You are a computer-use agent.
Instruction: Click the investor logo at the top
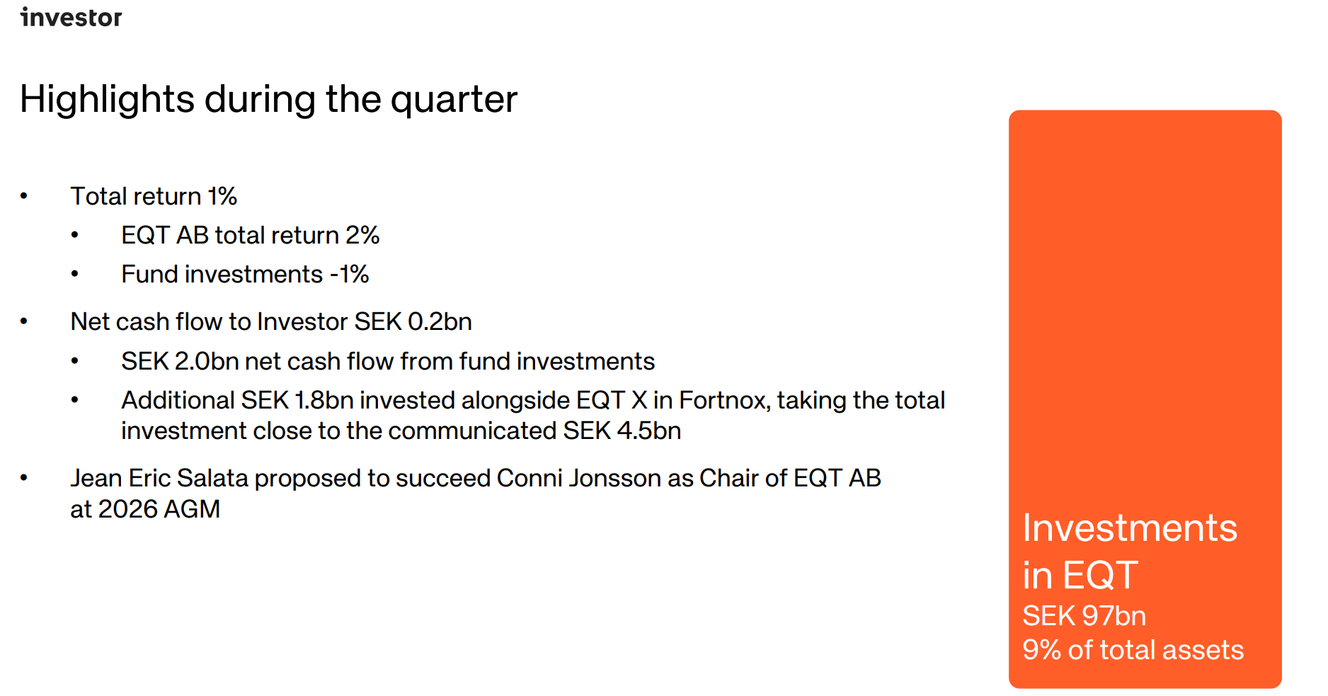click(x=71, y=17)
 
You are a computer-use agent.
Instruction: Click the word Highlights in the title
click(x=107, y=100)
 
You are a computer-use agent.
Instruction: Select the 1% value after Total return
click(x=222, y=197)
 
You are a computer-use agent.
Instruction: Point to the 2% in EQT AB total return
click(x=362, y=236)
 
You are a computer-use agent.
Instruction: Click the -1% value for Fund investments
click(x=350, y=275)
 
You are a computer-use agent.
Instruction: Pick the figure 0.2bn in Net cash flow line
click(x=440, y=322)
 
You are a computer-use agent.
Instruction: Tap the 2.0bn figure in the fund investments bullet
click(x=206, y=362)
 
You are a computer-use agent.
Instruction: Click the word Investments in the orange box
click(x=1130, y=528)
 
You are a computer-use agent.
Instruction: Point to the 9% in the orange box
click(x=1041, y=650)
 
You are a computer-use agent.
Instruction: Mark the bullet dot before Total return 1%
click(x=24, y=196)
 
